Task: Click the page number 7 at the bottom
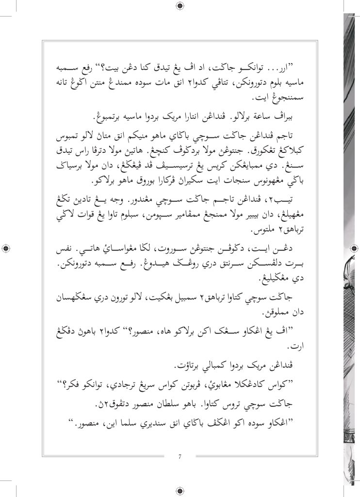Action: (x=180, y=456)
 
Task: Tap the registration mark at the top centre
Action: (x=180, y=6)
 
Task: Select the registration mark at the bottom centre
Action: (x=180, y=491)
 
